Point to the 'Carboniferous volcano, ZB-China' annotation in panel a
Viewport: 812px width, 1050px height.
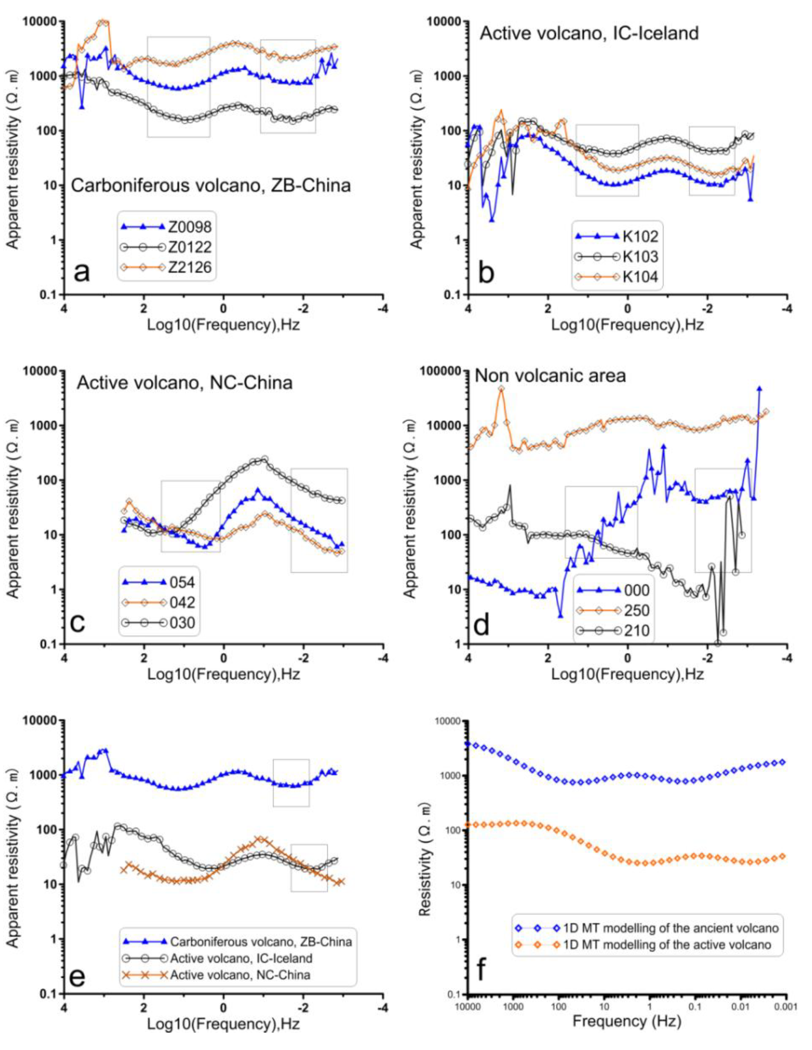pyautogui.click(x=211, y=185)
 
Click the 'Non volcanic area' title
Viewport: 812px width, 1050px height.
pyautogui.click(x=550, y=375)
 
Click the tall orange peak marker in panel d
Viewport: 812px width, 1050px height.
pyautogui.click(x=501, y=389)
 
